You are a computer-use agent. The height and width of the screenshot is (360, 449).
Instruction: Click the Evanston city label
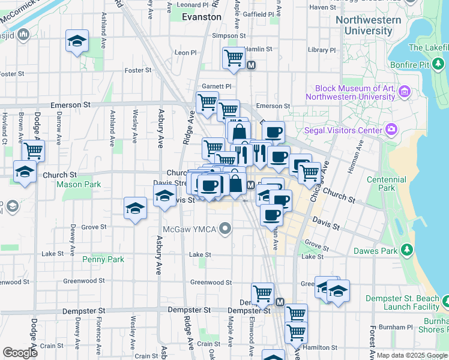click(202, 17)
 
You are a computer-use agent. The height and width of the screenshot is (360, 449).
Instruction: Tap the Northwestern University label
click(368, 25)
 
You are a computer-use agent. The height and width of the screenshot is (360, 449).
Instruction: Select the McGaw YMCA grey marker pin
click(226, 228)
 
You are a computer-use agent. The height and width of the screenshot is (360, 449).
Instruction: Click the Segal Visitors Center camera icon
click(392, 130)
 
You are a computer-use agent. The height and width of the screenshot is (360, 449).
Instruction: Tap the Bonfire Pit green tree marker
click(439, 62)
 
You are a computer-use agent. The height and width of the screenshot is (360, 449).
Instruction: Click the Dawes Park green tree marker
click(408, 249)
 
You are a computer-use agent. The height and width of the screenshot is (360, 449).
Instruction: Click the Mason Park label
click(79, 184)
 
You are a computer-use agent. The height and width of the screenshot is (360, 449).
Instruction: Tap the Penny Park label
click(104, 259)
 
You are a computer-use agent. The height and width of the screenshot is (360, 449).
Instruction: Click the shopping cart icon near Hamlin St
click(234, 58)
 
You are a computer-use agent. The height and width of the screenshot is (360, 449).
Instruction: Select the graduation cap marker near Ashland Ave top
click(77, 41)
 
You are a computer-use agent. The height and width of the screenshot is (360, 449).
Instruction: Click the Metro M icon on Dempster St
click(280, 302)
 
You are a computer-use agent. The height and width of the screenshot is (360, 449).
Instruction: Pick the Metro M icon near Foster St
click(252, 65)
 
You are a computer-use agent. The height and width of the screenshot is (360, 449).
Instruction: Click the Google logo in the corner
click(20, 352)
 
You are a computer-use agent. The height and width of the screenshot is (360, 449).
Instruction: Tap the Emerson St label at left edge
click(70, 104)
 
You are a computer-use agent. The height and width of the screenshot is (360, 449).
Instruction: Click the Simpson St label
click(224, 36)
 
